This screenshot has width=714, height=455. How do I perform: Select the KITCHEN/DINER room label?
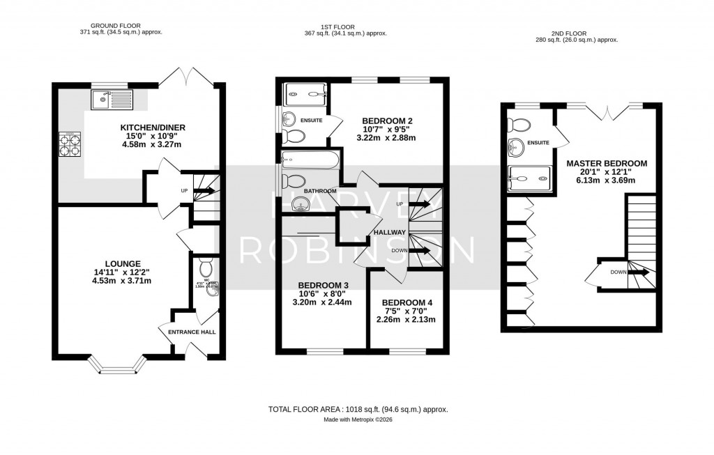coord(152,127)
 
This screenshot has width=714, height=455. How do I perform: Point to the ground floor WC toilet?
coord(206,268)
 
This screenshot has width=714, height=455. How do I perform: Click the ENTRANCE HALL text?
coord(192,332)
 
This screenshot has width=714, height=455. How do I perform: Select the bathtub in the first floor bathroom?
coord(310,161)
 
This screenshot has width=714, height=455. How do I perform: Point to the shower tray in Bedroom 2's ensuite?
coord(305,92)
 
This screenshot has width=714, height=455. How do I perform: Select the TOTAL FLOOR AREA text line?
coord(357,409)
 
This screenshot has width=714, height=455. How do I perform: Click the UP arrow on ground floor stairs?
coord(206,189)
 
